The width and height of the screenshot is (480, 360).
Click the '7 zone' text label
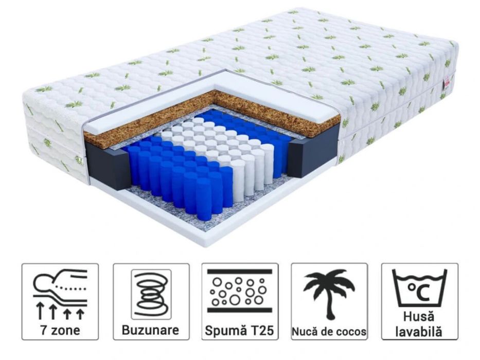60,330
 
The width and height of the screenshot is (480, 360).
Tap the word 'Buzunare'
150,330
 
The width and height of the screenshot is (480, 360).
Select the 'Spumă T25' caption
239,331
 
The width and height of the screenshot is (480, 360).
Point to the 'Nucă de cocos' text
329,332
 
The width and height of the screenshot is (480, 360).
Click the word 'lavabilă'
419,332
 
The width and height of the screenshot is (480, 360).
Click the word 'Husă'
419,316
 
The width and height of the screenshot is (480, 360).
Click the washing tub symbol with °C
419,289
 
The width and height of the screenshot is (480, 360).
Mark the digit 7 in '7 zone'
44,330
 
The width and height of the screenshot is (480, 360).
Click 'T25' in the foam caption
262,331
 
